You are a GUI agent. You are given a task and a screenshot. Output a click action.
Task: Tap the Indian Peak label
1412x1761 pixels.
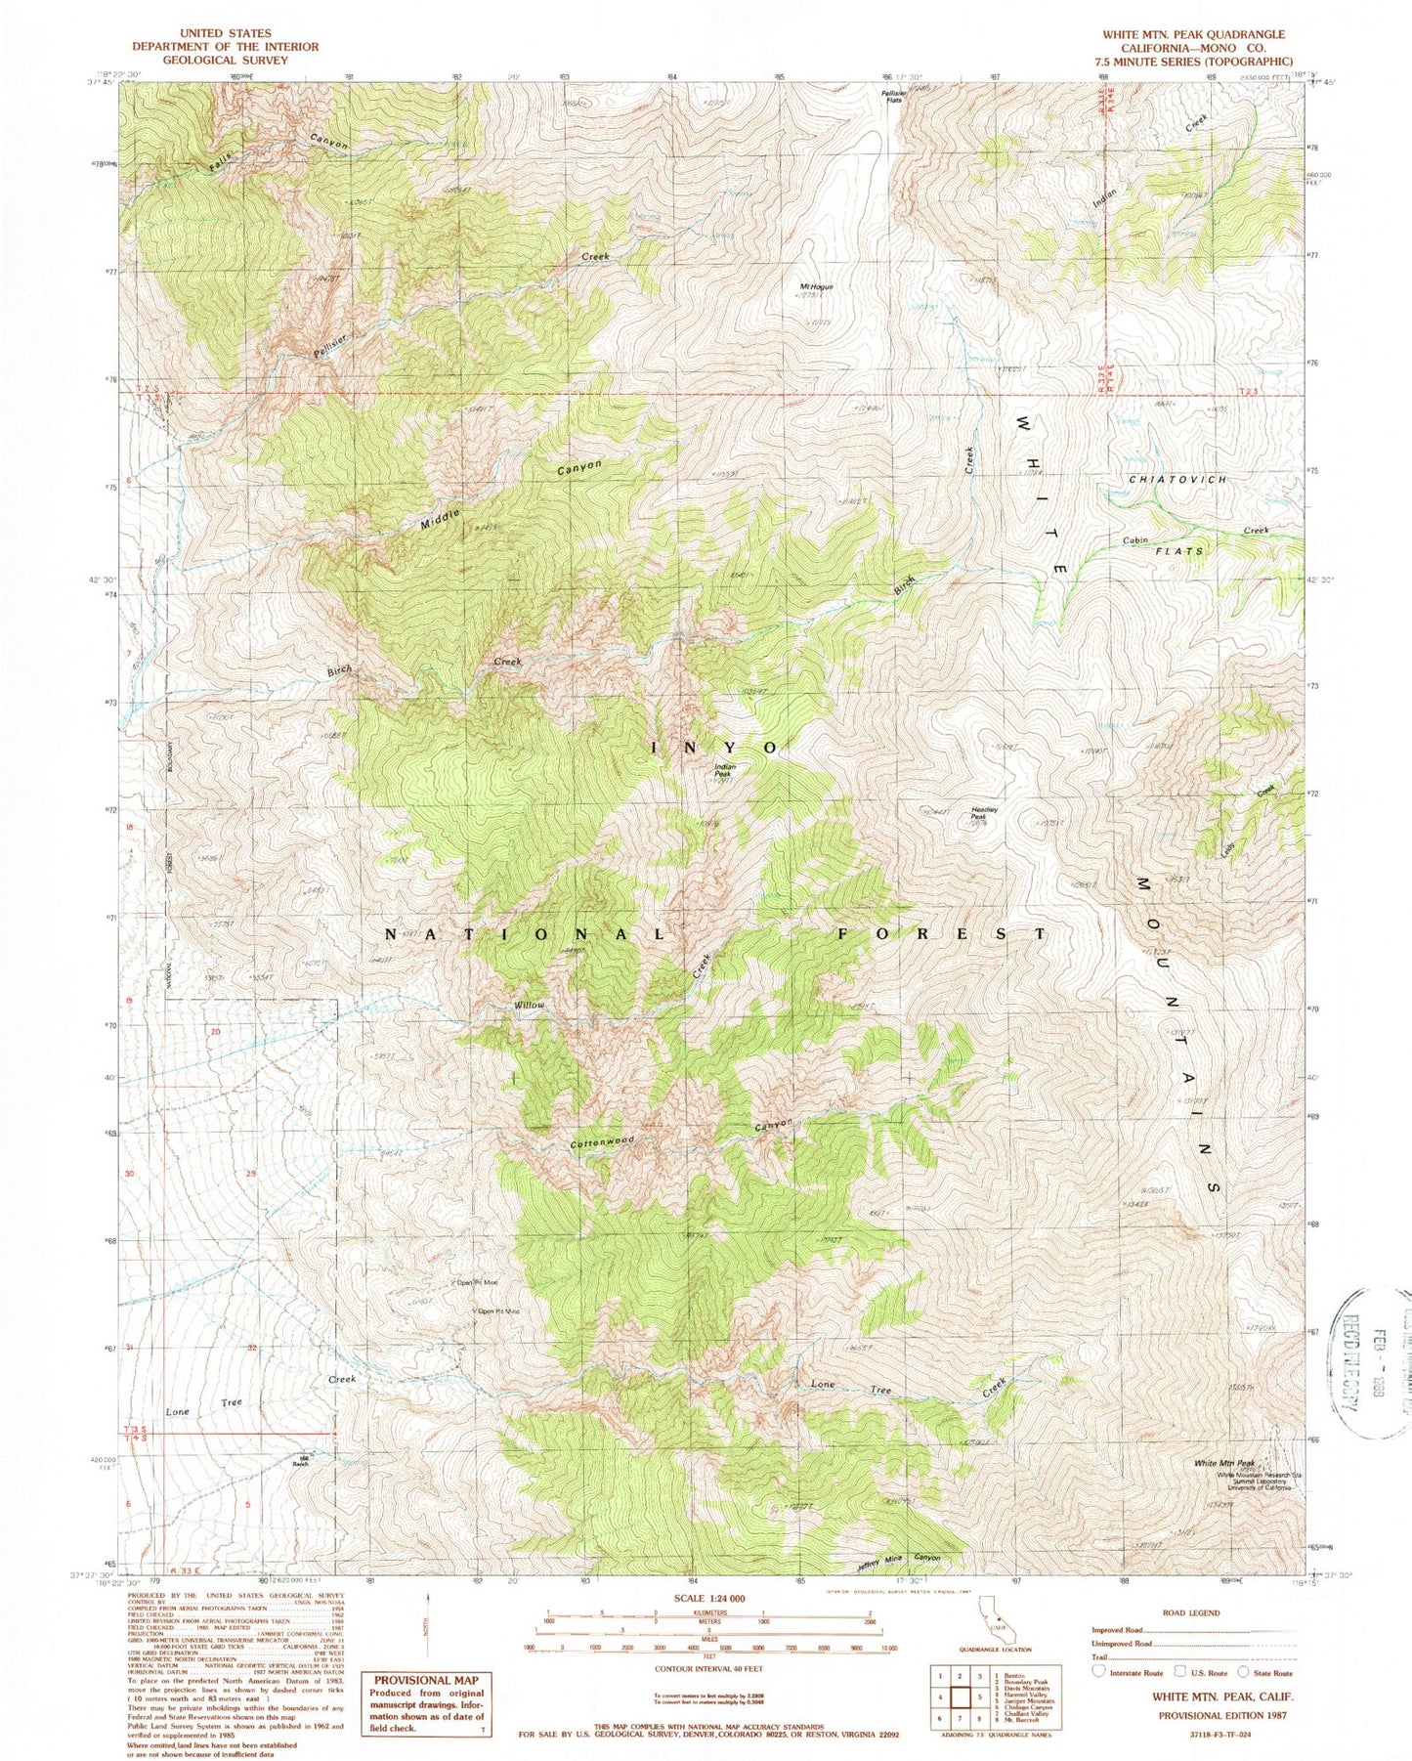(725, 771)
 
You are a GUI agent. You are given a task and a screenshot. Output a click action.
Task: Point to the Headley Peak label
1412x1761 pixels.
(983, 813)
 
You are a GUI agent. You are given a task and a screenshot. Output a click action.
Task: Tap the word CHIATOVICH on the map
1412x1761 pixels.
(1177, 480)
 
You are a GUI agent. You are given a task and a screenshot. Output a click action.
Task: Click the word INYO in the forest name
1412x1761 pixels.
(716, 747)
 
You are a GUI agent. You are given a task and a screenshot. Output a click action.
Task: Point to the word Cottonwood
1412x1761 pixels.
(603, 1142)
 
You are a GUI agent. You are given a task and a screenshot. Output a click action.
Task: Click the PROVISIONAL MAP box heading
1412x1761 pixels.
(426, 1680)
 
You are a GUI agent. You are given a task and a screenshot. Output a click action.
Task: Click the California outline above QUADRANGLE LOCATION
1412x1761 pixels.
(998, 1632)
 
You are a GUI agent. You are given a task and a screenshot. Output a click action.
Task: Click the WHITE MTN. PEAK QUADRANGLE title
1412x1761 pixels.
(1193, 33)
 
